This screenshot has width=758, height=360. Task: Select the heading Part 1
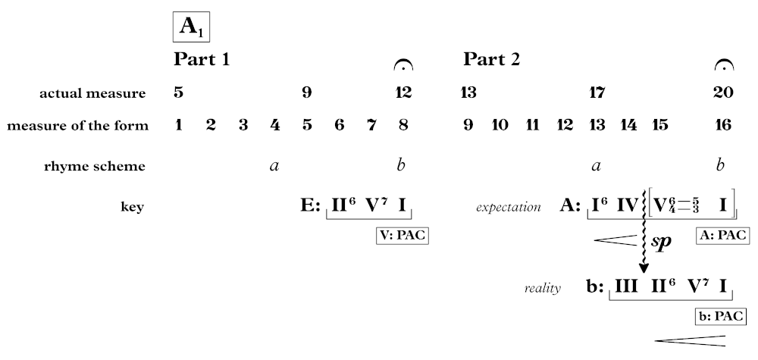[202, 59]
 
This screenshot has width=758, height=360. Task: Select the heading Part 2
[491, 59]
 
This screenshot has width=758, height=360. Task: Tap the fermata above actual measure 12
[403, 66]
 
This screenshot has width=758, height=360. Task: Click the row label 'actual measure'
[92, 93]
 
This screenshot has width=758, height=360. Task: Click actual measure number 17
[597, 93]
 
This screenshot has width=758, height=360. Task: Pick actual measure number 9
[307, 93]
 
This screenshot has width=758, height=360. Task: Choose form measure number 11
[532, 125]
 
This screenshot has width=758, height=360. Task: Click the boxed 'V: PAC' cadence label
[402, 236]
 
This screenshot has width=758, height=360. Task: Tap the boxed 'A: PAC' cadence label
[722, 236]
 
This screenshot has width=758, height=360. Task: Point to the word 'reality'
[542, 288]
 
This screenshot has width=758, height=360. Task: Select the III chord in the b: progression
[626, 286]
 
